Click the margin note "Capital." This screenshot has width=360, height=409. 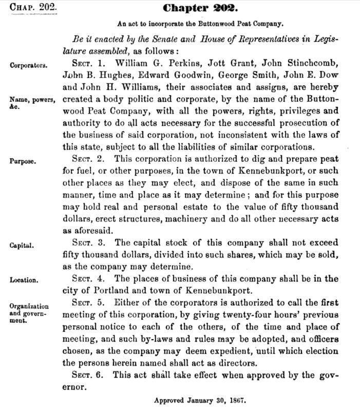pos(22,245)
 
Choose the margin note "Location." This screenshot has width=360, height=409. pos(24,280)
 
